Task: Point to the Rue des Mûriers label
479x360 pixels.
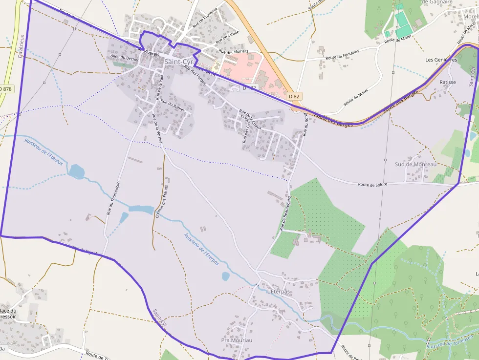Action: tap(234, 51)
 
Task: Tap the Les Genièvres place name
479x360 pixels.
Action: tap(441, 60)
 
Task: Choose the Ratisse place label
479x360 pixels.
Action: tap(448, 82)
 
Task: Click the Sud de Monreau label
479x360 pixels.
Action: tap(415, 165)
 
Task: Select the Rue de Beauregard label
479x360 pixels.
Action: tap(285, 213)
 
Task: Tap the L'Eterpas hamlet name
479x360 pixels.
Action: tap(279, 292)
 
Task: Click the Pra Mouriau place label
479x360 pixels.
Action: tap(237, 340)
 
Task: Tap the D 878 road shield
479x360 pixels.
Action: tap(6, 89)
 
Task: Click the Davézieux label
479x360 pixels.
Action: tap(22, 46)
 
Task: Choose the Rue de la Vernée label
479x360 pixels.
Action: tap(157, 128)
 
